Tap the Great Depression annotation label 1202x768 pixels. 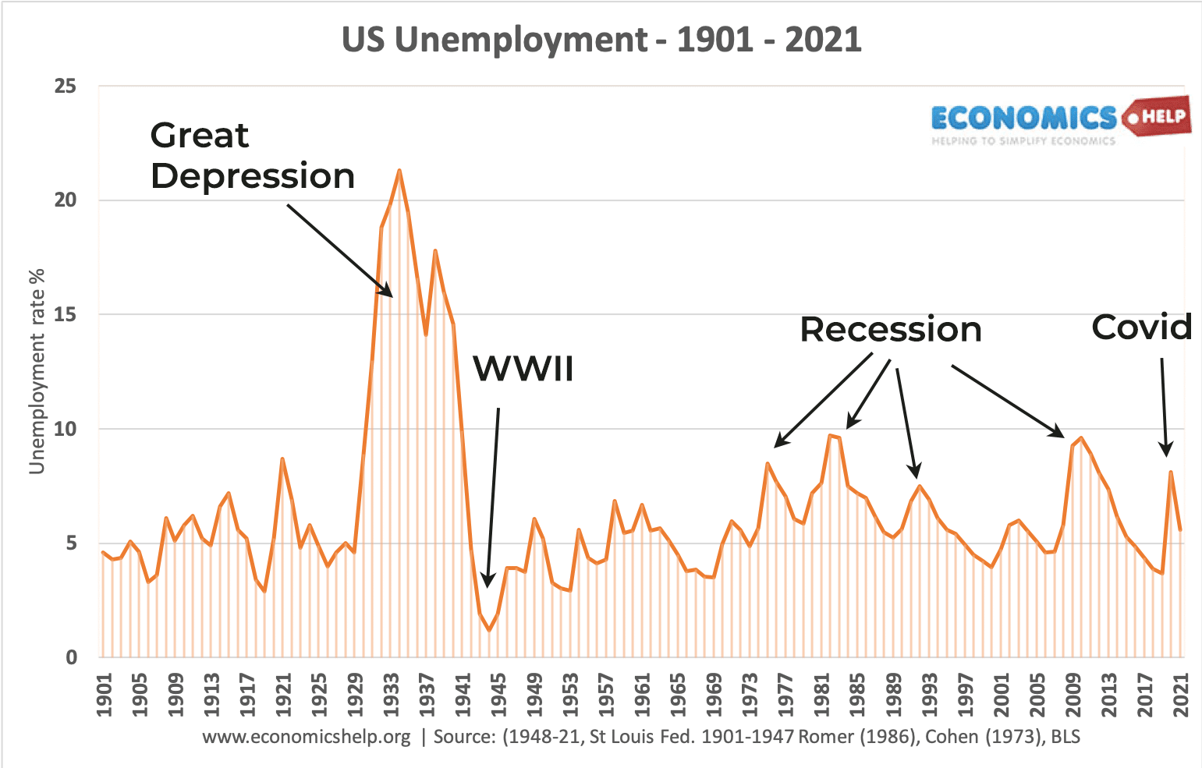click(x=252, y=156)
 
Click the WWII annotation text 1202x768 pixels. click(x=523, y=369)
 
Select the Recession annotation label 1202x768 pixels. click(x=890, y=330)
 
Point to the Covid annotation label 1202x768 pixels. click(x=1142, y=327)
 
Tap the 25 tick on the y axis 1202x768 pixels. click(x=66, y=86)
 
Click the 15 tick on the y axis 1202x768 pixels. click(x=66, y=315)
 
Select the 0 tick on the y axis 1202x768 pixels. click(x=71, y=657)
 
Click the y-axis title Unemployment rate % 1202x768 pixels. click(x=37, y=371)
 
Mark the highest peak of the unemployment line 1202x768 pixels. click(x=399, y=170)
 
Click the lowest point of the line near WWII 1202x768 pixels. click(x=489, y=630)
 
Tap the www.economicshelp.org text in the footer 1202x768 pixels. click(x=306, y=737)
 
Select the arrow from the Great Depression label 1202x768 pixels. click(x=339, y=250)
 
